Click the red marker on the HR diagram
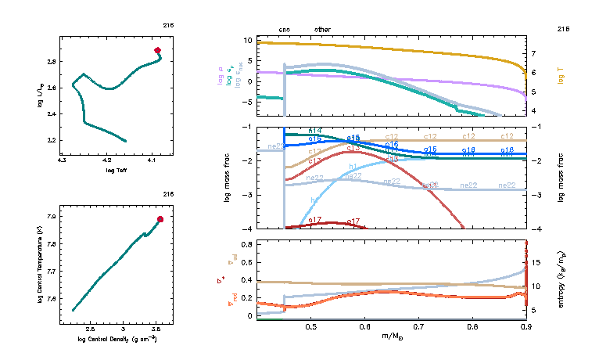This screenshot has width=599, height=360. pos(158,50)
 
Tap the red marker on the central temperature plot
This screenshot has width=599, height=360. pos(160,219)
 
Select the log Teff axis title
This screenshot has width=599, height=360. pos(115,170)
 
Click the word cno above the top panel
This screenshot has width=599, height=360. pos(285,30)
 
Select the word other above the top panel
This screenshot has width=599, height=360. pos(322,30)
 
